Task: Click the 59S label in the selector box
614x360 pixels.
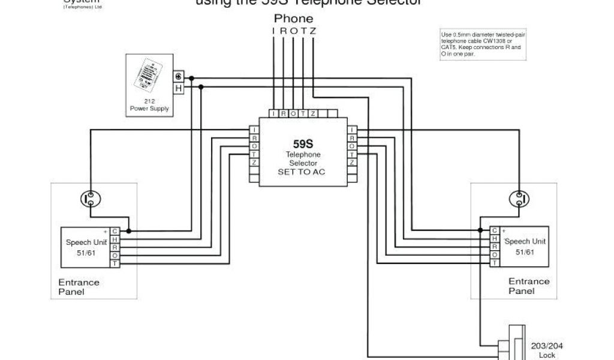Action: (303, 144)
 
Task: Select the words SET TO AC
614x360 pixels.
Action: (303, 172)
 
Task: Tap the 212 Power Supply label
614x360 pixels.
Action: (149, 106)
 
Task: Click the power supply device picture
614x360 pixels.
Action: (149, 76)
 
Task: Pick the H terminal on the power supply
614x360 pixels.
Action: (178, 88)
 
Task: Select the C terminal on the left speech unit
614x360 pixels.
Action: (115, 231)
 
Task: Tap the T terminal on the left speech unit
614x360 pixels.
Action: (115, 263)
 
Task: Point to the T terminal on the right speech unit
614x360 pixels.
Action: (495, 263)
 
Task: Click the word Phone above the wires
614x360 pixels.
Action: (293, 19)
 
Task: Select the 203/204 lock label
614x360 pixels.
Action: (547, 350)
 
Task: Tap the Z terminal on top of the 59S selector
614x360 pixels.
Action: (313, 113)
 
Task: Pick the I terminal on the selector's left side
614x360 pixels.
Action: (254, 130)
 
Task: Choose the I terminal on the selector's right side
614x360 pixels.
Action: (352, 130)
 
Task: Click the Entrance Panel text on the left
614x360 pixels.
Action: (79, 287)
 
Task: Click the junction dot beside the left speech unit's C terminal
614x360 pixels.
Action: (129, 231)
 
